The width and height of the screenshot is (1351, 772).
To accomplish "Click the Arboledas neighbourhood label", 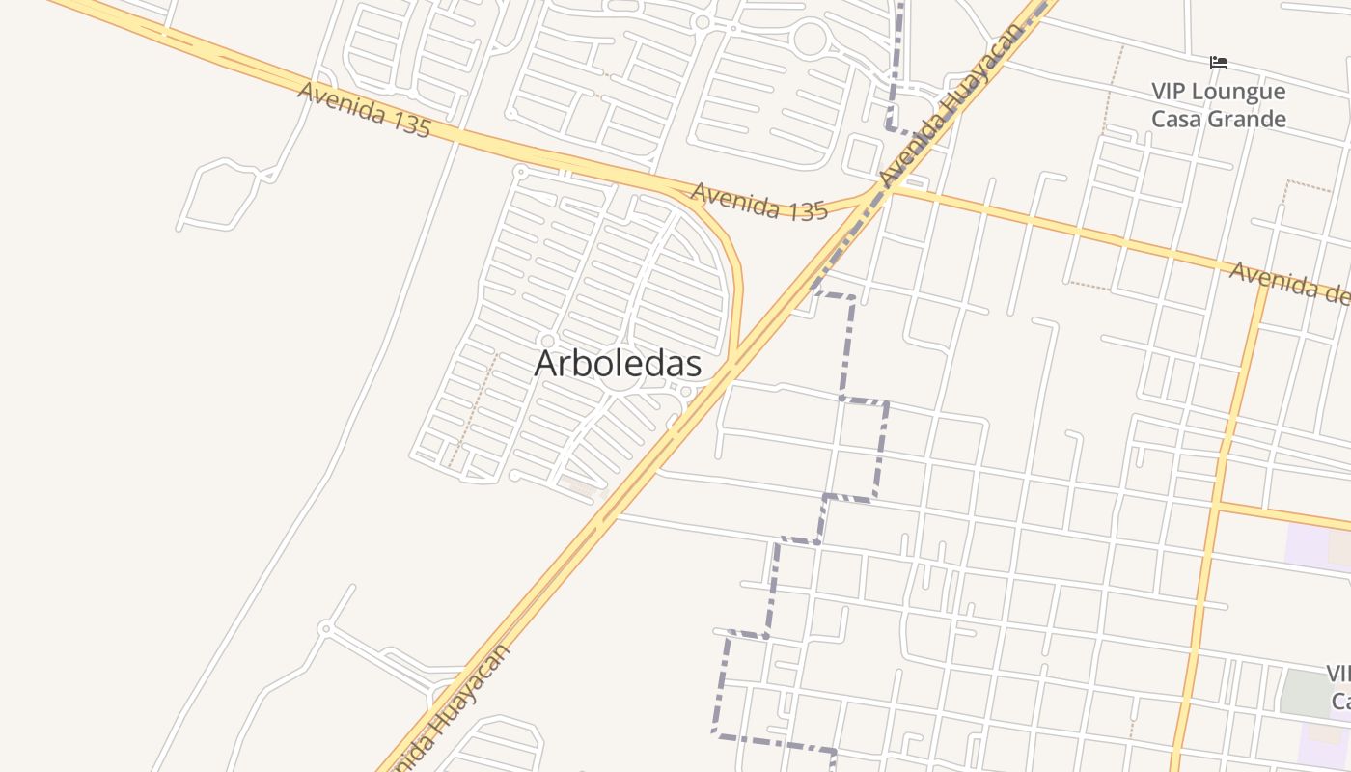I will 618,364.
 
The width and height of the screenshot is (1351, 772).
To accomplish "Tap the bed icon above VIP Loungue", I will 1219,64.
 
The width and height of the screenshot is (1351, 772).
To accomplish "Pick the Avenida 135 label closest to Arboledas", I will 759,203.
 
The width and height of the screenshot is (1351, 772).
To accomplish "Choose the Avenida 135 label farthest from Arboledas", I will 364,109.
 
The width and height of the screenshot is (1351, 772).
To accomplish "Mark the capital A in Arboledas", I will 546,364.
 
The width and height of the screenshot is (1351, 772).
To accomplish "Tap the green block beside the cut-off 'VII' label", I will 1303,691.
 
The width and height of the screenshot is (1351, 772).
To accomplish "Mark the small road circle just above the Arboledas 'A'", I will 548,341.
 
